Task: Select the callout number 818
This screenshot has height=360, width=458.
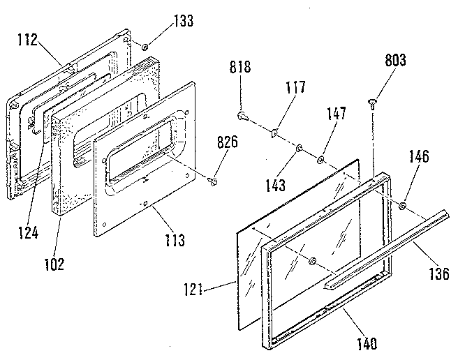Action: tap(240, 68)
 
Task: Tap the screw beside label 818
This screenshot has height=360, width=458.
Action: tap(242, 114)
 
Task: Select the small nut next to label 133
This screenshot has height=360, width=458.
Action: tap(143, 46)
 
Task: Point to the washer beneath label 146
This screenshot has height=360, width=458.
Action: tap(404, 205)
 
